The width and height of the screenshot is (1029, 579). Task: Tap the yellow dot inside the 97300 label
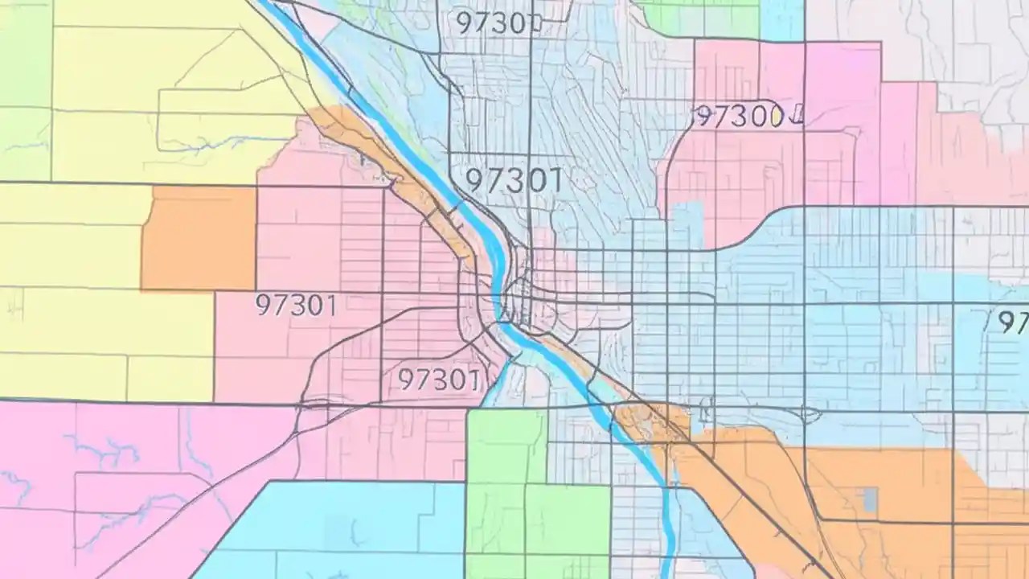pos(776,117)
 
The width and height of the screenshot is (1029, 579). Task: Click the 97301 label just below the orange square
pos(296,306)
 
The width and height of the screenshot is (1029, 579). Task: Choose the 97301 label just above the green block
pos(439,379)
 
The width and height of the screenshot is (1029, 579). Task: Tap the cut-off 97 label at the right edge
pos(1013,322)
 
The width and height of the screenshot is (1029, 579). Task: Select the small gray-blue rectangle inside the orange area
pos(870,500)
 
